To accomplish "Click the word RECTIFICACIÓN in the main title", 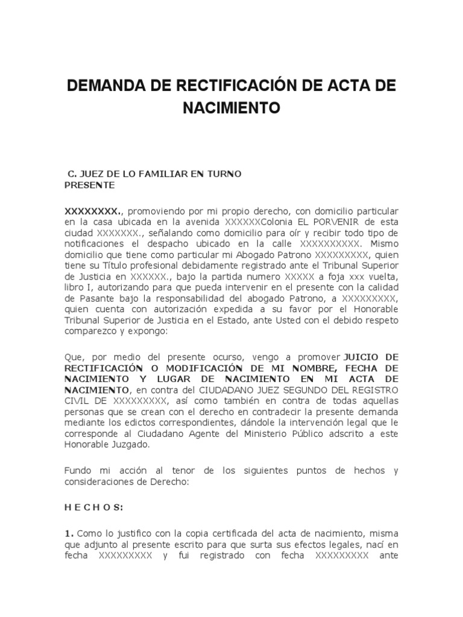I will click(x=232, y=86).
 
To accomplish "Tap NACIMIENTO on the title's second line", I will click(x=231, y=108).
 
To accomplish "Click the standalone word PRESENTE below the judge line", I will click(x=89, y=185).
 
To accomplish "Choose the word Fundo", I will click(x=78, y=471).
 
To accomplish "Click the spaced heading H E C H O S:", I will click(x=93, y=508).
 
